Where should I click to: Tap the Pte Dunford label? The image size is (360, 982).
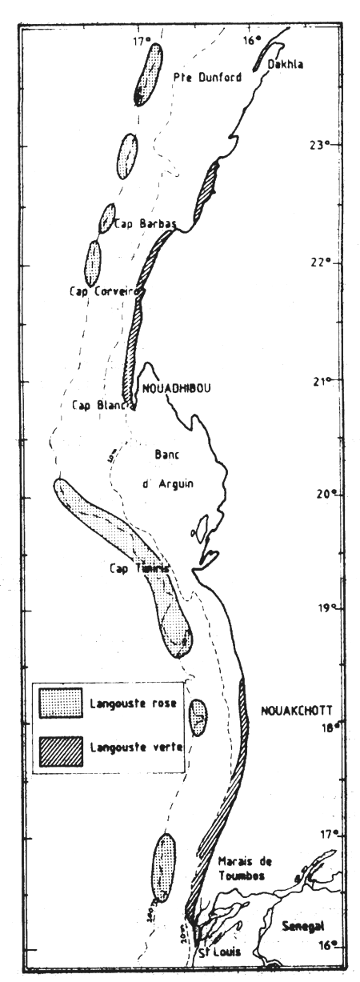tap(207, 77)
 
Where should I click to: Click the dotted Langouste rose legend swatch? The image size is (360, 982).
tap(60, 703)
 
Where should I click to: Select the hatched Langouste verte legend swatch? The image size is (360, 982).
tap(60, 747)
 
